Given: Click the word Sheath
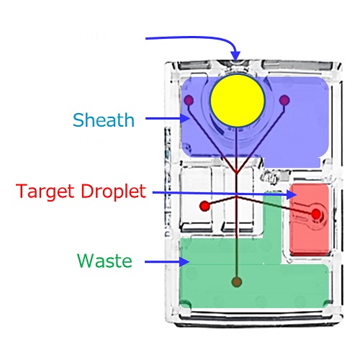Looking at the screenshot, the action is point(104,120).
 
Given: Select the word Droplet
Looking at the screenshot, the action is point(113,192).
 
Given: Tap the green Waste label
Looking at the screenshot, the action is point(104,261).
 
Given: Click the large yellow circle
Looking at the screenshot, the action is point(238,101).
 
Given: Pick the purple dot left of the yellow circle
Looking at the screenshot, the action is point(189,99).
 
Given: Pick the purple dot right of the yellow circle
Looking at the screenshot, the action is point(284,100).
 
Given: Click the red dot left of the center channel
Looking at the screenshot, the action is point(204,206).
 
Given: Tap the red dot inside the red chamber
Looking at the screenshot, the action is point(316,214).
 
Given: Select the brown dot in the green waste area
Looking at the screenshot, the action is point(237,282).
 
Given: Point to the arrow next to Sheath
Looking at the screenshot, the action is point(168,118).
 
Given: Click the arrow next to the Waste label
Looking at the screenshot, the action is point(167,261).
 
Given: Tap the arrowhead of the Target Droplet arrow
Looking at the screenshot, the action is point(292,194).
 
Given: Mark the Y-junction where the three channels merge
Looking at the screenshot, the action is point(237,172).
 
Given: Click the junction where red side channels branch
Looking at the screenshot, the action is point(237,197).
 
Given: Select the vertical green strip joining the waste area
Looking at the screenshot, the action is point(272,228).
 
